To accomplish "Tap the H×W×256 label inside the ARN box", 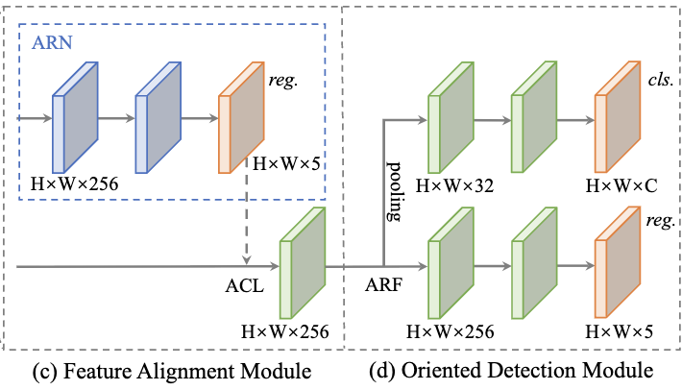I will pyautogui.click(x=74, y=182).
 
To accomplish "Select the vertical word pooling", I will pyautogui.click(x=392, y=191).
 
